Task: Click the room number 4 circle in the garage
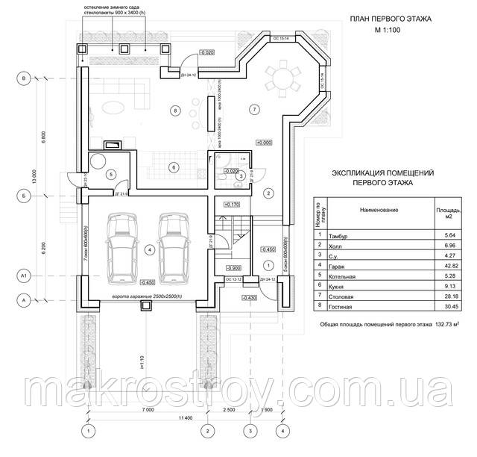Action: [x=150, y=249]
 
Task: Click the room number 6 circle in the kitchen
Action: [x=171, y=167]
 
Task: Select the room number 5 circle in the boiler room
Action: [x=110, y=175]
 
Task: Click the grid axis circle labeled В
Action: [x=25, y=78]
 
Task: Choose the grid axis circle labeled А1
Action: [x=25, y=276]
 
